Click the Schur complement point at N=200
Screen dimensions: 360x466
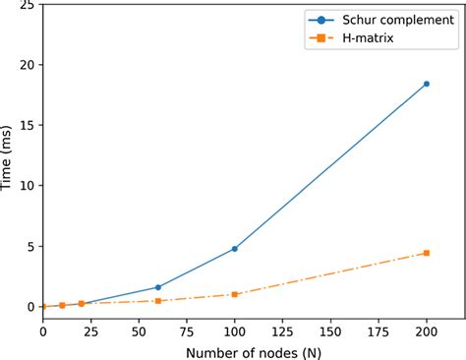(x=426, y=84)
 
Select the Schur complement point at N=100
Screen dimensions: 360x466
(x=234, y=249)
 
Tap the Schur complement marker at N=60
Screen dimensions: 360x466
(x=157, y=287)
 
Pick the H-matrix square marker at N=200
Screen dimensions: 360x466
(x=426, y=253)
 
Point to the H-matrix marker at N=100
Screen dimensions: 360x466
(x=234, y=294)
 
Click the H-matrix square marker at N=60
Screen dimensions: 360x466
(x=157, y=300)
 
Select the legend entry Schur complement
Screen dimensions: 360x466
(x=393, y=20)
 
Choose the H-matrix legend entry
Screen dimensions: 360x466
(x=378, y=38)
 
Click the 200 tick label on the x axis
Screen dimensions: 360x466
(x=426, y=329)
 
